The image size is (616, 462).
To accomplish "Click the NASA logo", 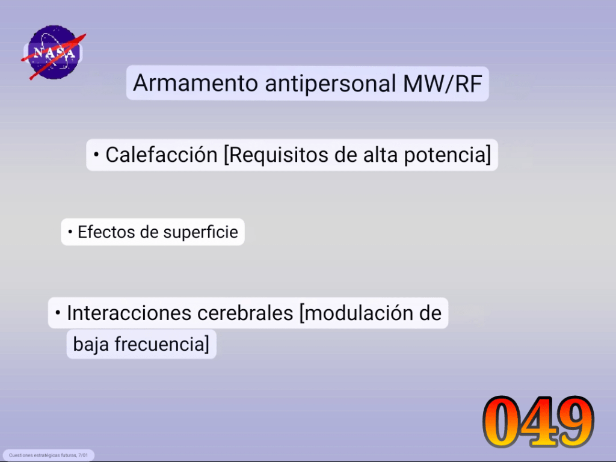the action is click(54, 52).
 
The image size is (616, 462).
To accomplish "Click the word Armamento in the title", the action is click(195, 83).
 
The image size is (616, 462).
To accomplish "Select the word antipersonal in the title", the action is click(330, 84).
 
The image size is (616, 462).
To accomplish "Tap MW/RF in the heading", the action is click(443, 83).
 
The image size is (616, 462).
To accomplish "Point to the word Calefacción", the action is click(161, 155).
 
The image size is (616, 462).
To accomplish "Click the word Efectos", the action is click(106, 232).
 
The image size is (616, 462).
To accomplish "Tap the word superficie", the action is click(201, 232).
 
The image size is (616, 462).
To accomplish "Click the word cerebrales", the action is click(245, 313).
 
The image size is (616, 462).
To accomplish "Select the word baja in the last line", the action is click(91, 344).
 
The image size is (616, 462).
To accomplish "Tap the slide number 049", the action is click(538, 422).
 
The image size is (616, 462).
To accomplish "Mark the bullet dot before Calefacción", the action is click(96, 155).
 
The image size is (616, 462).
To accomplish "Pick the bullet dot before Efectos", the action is click(70, 232).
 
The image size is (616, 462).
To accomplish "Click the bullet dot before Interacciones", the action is click(58, 313).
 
